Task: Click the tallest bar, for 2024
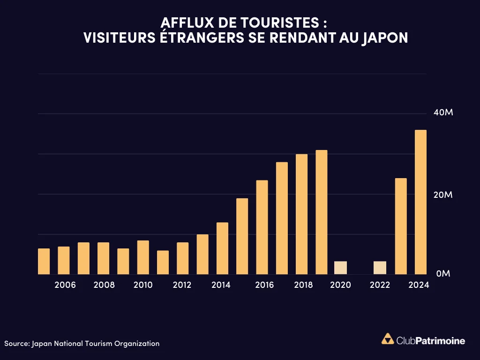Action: pos(420,202)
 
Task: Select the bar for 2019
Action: pos(322,212)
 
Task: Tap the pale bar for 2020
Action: pos(341,268)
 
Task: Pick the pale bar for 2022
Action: pos(380,268)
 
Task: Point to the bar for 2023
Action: pos(401,226)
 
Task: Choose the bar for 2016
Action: pos(262,227)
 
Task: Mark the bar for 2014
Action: pos(222,248)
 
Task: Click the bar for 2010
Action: pos(143,257)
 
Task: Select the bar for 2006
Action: pos(64,260)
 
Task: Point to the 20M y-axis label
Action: pos(442,195)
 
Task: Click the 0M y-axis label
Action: pos(443,273)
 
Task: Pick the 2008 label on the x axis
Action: pos(104,285)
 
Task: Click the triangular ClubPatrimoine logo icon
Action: pos(388,339)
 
